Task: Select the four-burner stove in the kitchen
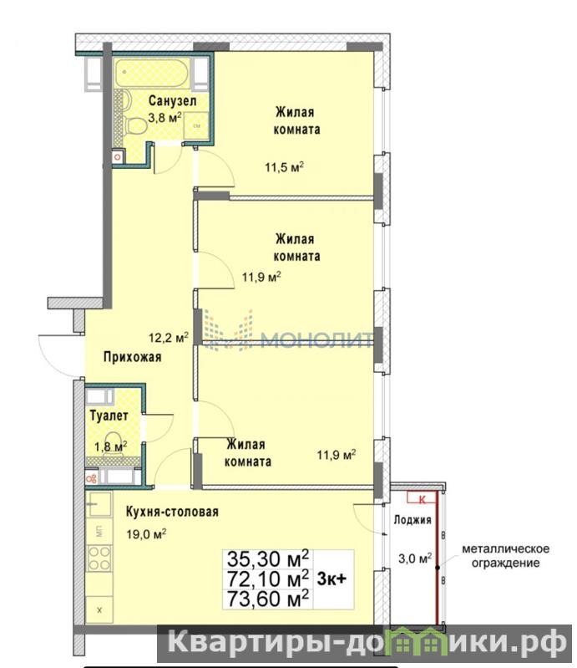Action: tap(99, 558)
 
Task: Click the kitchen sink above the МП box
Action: tap(99, 504)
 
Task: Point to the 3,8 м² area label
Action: tap(164, 118)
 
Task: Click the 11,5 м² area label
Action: tap(284, 167)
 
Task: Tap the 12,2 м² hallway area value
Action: tap(169, 338)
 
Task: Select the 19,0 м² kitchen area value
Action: tap(146, 533)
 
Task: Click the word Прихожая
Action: tap(133, 357)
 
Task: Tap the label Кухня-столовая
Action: tap(172, 512)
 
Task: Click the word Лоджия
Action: tap(413, 520)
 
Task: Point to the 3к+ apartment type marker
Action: tap(332, 579)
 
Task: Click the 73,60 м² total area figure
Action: tap(268, 598)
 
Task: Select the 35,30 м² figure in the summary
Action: tap(268, 558)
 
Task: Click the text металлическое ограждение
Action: tap(505, 556)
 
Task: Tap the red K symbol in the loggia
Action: tap(423, 499)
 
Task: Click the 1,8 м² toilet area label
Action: tap(110, 446)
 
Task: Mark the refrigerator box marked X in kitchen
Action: tap(99, 610)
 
